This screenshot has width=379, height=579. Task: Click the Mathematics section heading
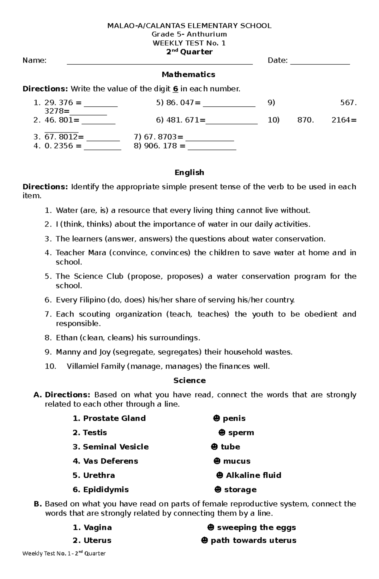point(189,74)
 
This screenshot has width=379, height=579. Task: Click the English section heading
point(189,173)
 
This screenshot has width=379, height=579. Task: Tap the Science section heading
point(189,381)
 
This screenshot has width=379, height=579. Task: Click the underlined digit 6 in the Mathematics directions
point(175,89)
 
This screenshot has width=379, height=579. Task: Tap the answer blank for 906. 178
point(212,149)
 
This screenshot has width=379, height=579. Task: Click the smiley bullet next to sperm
point(222,433)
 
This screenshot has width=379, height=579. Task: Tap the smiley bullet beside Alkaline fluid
point(220,475)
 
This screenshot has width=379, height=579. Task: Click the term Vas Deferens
point(110,461)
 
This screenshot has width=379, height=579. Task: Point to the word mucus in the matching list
point(237,461)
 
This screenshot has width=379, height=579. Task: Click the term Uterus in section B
point(97,540)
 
